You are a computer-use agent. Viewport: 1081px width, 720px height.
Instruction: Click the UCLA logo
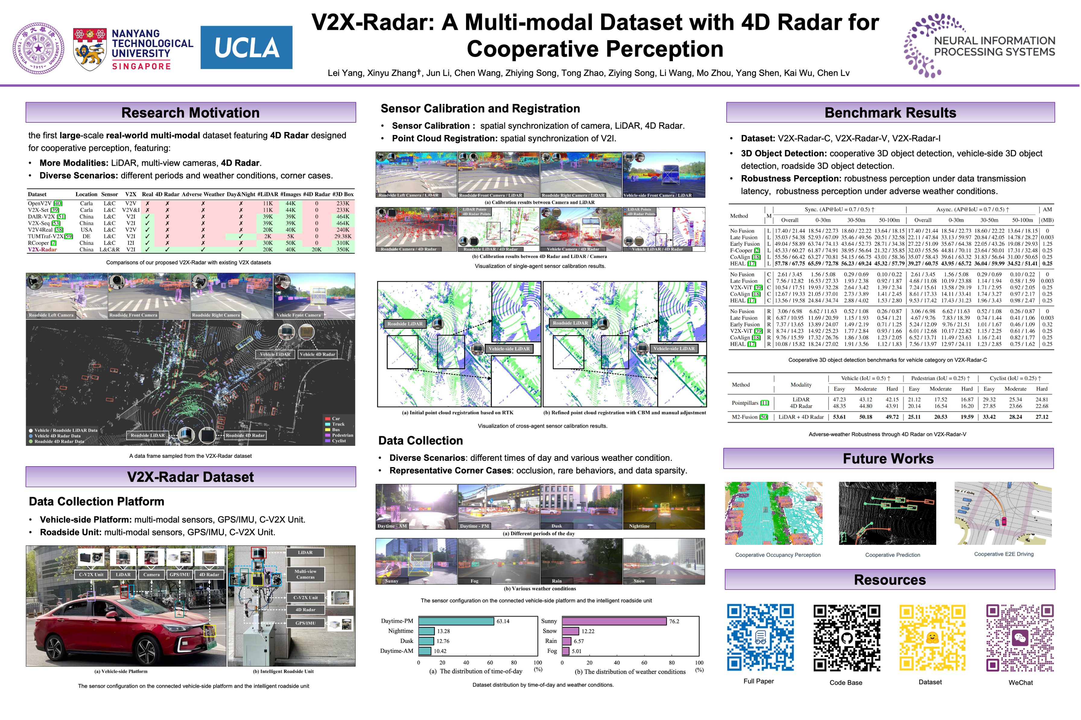[x=246, y=47]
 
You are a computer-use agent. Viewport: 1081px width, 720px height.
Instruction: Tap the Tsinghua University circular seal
[x=38, y=48]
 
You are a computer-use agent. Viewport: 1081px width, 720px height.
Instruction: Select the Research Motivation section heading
[x=190, y=112]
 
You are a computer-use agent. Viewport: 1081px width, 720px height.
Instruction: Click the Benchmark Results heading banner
[x=889, y=112]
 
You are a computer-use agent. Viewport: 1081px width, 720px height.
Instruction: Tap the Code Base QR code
[x=846, y=638]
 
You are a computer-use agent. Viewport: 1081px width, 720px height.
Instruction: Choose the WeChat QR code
[x=1019, y=638]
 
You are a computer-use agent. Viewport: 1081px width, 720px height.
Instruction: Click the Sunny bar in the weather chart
[x=614, y=621]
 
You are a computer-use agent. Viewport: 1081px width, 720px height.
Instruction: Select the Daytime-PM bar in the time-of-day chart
[x=456, y=621]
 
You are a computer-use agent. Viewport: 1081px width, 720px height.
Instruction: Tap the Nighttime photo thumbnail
[x=663, y=507]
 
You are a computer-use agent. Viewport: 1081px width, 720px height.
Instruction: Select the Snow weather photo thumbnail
[x=663, y=561]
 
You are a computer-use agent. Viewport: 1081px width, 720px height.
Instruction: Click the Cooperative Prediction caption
[x=892, y=555]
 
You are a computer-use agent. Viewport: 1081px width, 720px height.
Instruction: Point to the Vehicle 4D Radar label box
[x=317, y=354]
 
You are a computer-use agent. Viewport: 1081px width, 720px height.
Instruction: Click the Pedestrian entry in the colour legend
[x=342, y=435]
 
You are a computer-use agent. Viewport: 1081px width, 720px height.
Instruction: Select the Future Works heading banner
[x=888, y=458]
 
